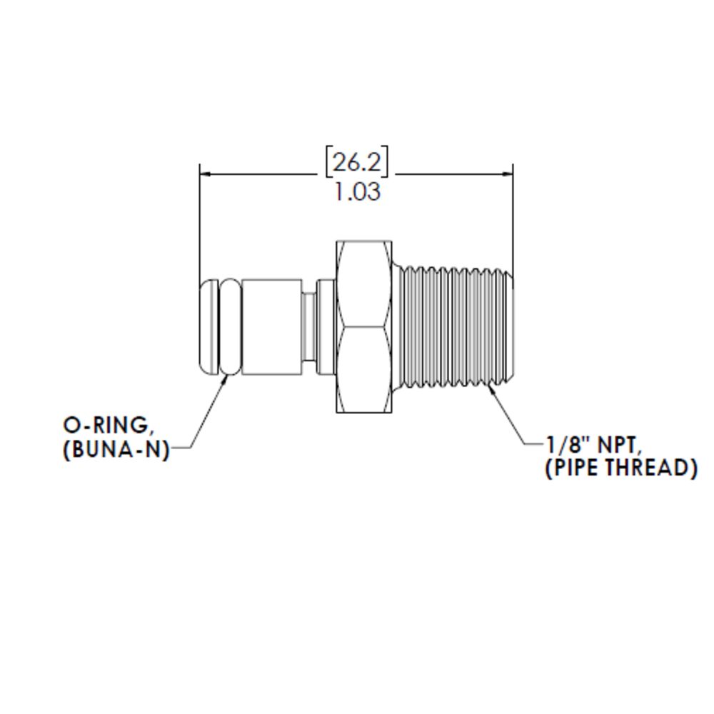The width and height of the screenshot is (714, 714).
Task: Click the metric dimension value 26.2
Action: pyautogui.click(x=357, y=162)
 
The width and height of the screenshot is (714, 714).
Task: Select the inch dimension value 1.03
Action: pyautogui.click(x=357, y=192)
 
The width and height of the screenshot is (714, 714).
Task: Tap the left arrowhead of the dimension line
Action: pyautogui.click(x=205, y=173)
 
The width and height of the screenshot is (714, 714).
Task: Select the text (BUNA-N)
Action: pyautogui.click(x=117, y=451)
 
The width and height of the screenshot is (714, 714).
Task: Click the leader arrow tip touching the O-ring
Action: pyautogui.click(x=227, y=376)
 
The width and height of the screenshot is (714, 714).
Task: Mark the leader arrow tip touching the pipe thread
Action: pyautogui.click(x=490, y=387)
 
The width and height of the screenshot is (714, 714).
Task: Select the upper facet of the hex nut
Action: pyautogui.click(x=364, y=284)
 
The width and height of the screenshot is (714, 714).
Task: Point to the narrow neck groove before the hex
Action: pyautogui.click(x=308, y=327)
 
